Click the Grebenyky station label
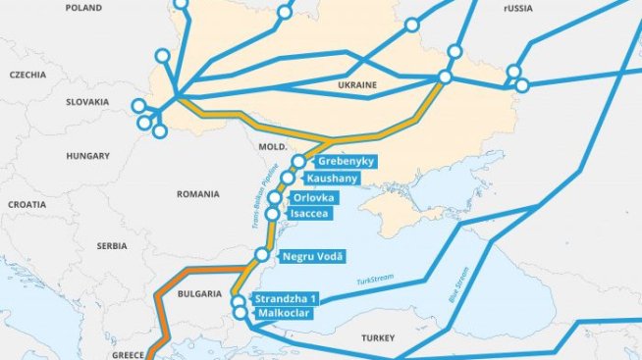tap(344, 161)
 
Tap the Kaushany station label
tap(332, 179)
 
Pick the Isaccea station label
tap(312, 213)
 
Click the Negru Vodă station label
tap(312, 257)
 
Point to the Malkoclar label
tap(285, 314)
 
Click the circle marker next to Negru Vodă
tap(262, 255)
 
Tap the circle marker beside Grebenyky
tap(298, 161)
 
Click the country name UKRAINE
tap(357, 85)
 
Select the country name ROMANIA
tap(198, 194)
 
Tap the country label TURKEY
tap(377, 337)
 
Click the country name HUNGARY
tap(88, 156)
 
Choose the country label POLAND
tap(83, 8)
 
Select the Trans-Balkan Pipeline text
tap(261, 191)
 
